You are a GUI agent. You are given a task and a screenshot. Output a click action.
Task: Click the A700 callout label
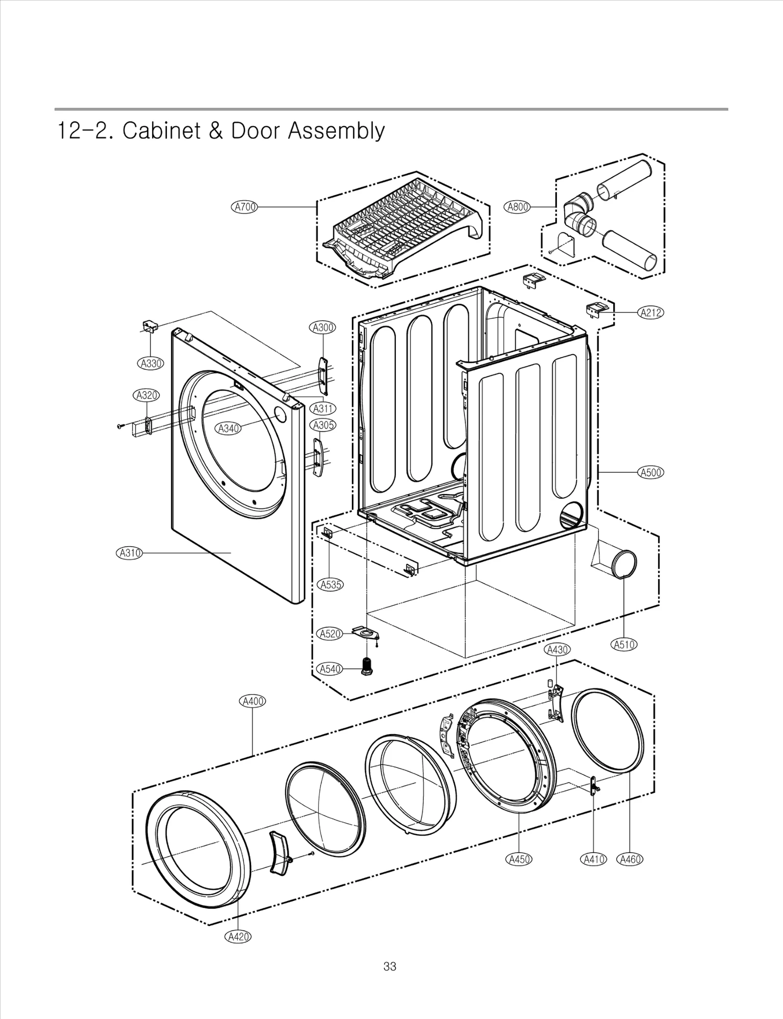pyautogui.click(x=244, y=207)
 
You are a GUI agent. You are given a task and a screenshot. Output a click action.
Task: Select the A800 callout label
pyautogui.click(x=517, y=207)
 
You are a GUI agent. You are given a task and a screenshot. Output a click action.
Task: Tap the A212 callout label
pyautogui.click(x=651, y=313)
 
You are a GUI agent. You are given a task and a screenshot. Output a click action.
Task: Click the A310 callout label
pyautogui.click(x=129, y=553)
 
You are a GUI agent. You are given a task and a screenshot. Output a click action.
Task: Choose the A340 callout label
pyautogui.click(x=228, y=429)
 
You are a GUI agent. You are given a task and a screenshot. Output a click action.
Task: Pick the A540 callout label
pyautogui.click(x=330, y=669)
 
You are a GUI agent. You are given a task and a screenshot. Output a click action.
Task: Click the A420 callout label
pyautogui.click(x=238, y=937)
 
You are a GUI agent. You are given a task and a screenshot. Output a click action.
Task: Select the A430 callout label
pyautogui.click(x=557, y=650)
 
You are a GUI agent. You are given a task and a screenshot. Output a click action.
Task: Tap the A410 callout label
pyautogui.click(x=593, y=859)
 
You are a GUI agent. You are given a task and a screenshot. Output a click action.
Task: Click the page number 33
pyautogui.click(x=390, y=967)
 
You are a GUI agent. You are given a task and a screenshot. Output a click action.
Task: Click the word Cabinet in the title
pyautogui.click(x=161, y=131)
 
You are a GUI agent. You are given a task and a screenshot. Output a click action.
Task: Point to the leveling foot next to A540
pyautogui.click(x=366, y=666)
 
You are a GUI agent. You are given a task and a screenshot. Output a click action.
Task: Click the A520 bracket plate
pyautogui.click(x=366, y=634)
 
